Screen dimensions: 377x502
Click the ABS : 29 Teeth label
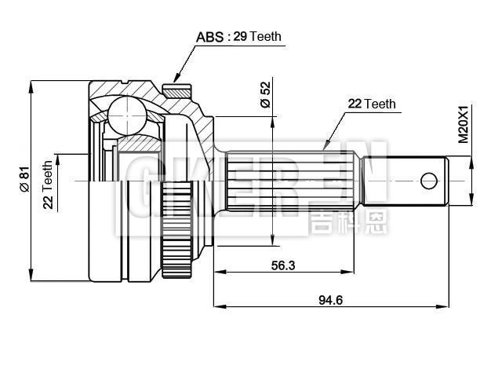click(238, 36)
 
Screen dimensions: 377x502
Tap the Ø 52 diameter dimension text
click(265, 93)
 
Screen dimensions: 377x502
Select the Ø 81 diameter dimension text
click(24, 181)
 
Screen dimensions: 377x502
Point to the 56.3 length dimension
click(282, 265)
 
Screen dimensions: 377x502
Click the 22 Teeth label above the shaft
click(372, 104)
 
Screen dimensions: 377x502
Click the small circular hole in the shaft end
click(428, 181)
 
